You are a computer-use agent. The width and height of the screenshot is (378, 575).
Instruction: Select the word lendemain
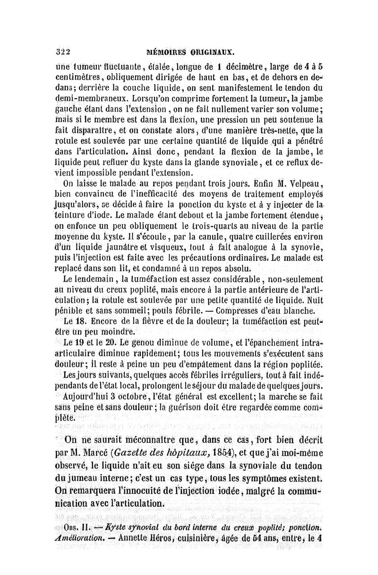click(90, 280)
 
